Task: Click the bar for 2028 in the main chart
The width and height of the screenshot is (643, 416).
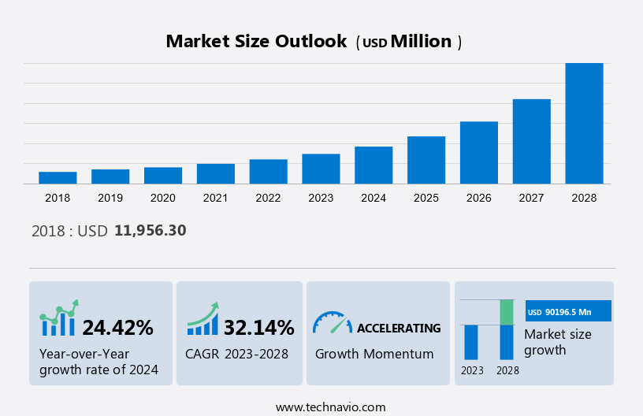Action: click(584, 124)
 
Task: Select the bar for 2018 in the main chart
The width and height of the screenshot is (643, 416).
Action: click(58, 177)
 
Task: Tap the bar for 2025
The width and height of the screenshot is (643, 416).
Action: click(426, 160)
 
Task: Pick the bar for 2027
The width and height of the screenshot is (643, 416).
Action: click(531, 141)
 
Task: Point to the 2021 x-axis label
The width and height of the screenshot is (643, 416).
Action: click(215, 198)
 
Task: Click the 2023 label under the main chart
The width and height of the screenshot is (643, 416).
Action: click(321, 198)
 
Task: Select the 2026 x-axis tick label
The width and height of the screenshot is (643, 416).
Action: click(478, 198)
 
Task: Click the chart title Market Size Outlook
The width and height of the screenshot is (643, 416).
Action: click(256, 42)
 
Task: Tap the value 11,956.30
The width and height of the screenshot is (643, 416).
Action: click(150, 230)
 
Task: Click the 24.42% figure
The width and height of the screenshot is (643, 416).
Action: click(117, 327)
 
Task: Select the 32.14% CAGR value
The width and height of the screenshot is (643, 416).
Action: click(258, 327)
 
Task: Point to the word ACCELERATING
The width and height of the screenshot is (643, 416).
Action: click(399, 328)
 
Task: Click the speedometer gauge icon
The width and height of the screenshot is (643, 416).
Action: click(332, 322)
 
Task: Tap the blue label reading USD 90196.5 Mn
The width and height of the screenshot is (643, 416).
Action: click(568, 312)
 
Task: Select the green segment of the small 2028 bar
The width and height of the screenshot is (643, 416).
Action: click(507, 312)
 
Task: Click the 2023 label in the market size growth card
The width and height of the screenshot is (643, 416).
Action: click(472, 370)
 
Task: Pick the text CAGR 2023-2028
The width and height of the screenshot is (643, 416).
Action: click(236, 354)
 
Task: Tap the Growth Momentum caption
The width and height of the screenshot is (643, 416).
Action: click(374, 354)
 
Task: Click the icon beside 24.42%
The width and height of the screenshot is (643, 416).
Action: click(59, 318)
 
